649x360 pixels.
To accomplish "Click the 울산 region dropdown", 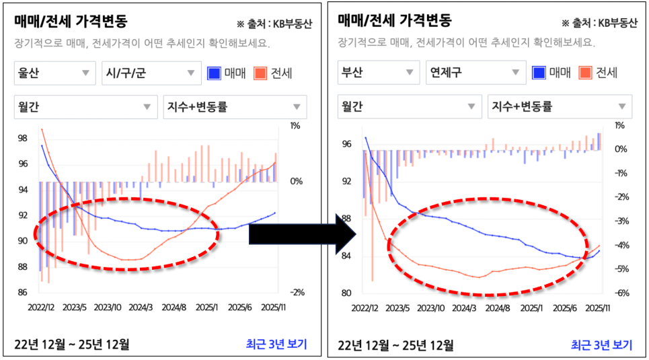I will pyautogui.click(x=54, y=73).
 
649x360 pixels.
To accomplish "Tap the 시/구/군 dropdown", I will pyautogui.click(x=147, y=73).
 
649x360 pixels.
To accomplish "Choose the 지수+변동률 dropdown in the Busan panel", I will pyautogui.click(x=559, y=106).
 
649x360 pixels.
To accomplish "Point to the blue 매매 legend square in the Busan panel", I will pyautogui.click(x=539, y=73).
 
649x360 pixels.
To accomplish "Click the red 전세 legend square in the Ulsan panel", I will pyautogui.click(x=260, y=73).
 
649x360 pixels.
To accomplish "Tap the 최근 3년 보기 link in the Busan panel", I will pyautogui.click(x=601, y=345).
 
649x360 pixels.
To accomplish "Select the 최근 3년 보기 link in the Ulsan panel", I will pyautogui.click(x=276, y=345).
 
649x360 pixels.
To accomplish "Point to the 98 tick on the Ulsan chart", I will pyautogui.click(x=22, y=139).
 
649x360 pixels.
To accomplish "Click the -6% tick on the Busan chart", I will pyautogui.click(x=621, y=293).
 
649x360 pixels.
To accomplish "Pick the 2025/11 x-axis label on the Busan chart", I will pyautogui.click(x=597, y=308).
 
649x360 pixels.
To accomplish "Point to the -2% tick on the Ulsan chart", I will pyautogui.click(x=295, y=292).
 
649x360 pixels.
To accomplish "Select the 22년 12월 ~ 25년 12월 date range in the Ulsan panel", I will pyautogui.click(x=72, y=345).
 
